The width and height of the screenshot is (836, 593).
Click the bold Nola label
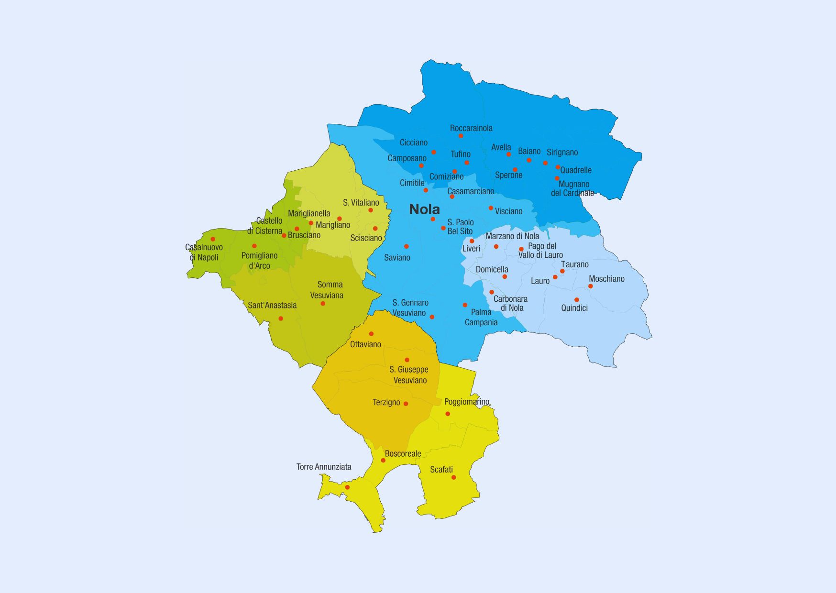pyautogui.click(x=424, y=209)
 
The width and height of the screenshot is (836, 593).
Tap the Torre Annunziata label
pyautogui.click(x=324, y=467)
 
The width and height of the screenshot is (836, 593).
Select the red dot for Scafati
pyautogui.click(x=453, y=477)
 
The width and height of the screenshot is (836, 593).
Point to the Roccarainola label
pyautogui.click(x=471, y=128)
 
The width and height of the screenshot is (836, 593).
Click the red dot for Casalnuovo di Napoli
pyautogui.click(x=213, y=239)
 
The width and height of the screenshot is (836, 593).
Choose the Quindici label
pyautogui.click(x=574, y=308)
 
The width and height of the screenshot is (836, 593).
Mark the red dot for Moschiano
pyautogui.click(x=591, y=286)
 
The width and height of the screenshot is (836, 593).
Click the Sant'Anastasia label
pyautogui.click(x=272, y=305)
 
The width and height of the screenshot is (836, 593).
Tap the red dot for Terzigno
pyautogui.click(x=406, y=404)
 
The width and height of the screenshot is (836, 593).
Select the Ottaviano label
pyautogui.click(x=365, y=344)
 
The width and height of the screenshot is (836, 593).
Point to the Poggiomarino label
pyautogui.click(x=467, y=402)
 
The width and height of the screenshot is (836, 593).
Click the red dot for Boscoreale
pyautogui.click(x=383, y=461)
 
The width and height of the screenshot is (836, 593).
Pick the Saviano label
pyautogui.click(x=397, y=258)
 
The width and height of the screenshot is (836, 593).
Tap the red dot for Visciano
pyautogui.click(x=491, y=208)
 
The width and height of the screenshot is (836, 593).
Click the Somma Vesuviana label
pyautogui.click(x=327, y=290)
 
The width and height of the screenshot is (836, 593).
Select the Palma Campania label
pyautogui.click(x=481, y=317)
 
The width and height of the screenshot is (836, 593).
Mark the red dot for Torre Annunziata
pyautogui.click(x=347, y=487)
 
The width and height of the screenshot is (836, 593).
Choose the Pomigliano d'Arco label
pyautogui.click(x=259, y=261)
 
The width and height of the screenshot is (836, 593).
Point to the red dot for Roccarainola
pyautogui.click(x=461, y=136)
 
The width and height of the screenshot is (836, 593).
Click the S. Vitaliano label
pyautogui.click(x=361, y=203)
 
